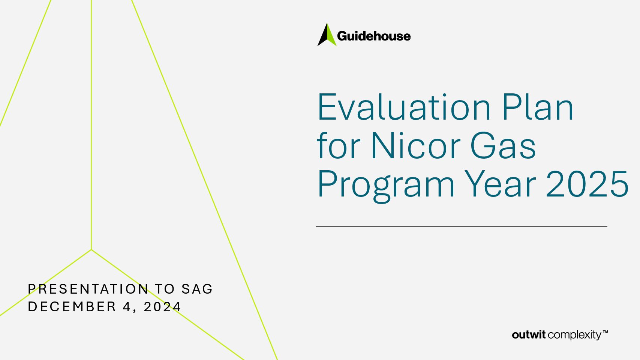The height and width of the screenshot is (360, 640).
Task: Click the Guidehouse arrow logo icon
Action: click(327, 34)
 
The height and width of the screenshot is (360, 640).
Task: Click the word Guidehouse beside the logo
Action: click(374, 36)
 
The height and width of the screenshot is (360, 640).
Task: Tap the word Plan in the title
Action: click(538, 107)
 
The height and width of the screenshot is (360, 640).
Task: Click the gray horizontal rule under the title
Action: click(462, 226)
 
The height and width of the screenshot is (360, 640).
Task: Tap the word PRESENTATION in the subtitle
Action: click(88, 289)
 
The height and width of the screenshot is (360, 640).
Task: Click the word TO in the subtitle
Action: click(165, 289)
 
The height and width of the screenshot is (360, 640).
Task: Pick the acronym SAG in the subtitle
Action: click(197, 289)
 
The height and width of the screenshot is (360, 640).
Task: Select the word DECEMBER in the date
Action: click(72, 307)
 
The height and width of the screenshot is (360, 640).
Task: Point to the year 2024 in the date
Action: click(162, 307)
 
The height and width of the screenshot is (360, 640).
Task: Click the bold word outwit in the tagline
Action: click(529, 334)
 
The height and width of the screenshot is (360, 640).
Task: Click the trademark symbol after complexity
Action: click(605, 332)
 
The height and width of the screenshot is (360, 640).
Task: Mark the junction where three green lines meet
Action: click(91, 250)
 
